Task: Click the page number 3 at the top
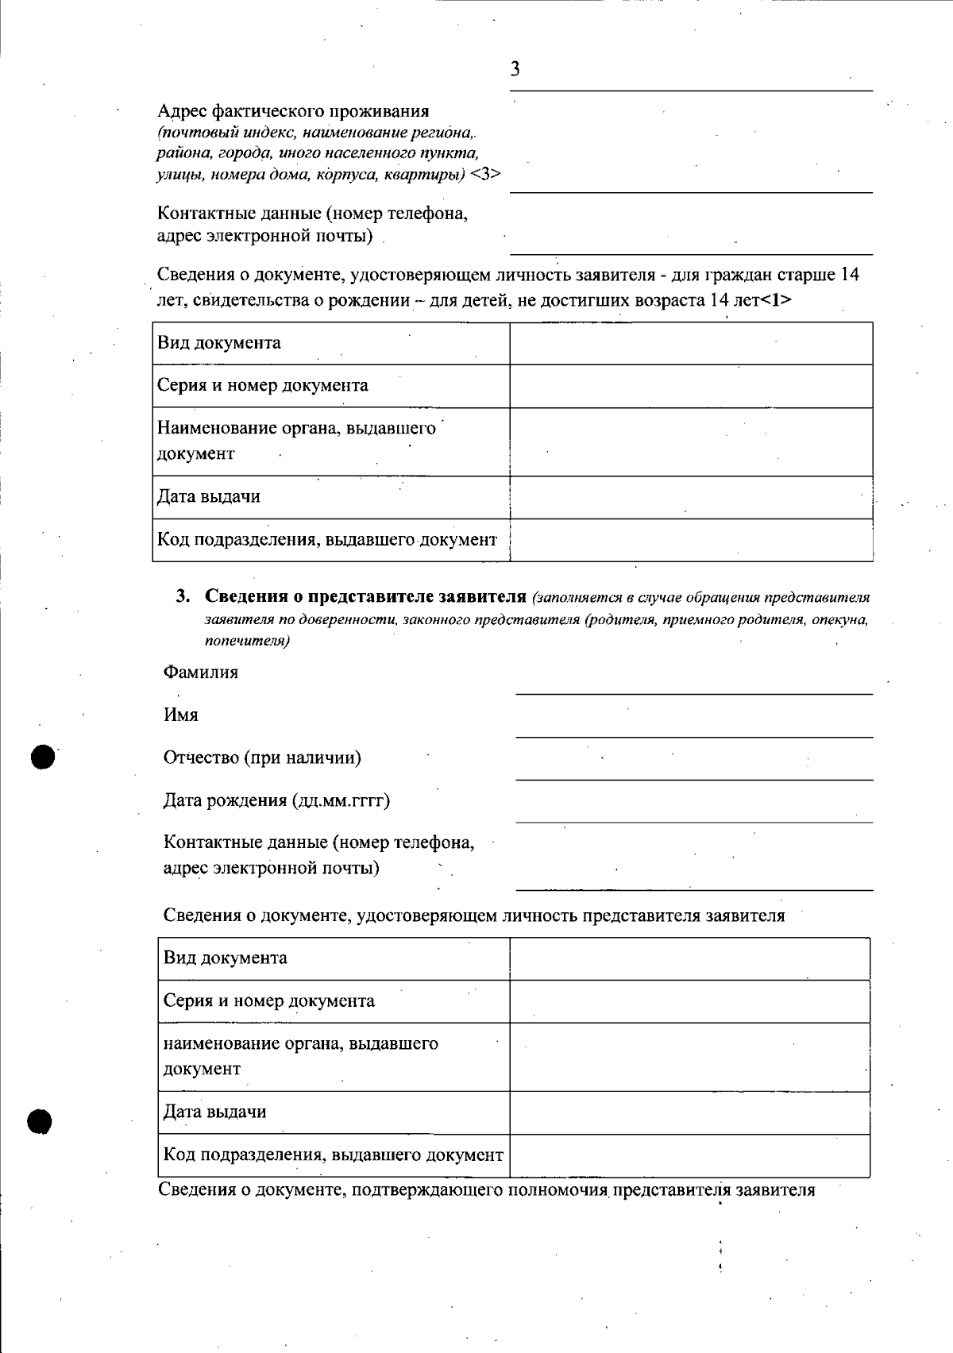coord(515,69)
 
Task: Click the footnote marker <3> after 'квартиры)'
coord(485,175)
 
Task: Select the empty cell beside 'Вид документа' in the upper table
coord(691,343)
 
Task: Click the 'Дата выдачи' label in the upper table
coord(209,497)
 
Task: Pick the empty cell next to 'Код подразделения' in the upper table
coord(691,540)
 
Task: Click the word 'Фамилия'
coord(200,673)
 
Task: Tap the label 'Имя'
coord(181,715)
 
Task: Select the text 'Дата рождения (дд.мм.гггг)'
coord(276,800)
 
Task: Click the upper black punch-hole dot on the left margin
coord(44,757)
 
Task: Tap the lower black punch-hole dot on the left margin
coord(39,1122)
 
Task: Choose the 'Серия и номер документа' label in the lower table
coord(268,1000)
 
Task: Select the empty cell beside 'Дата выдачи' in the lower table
coord(689,1112)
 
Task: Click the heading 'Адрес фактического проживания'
coord(293,111)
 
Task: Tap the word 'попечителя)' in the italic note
coord(247,641)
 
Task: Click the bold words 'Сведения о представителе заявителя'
coord(366,596)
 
